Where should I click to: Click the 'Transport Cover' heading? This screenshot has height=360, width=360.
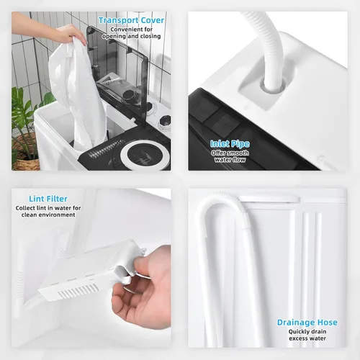click(x=132, y=20)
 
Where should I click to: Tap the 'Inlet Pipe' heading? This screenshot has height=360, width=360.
click(x=230, y=144)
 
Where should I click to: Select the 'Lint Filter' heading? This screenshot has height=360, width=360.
click(x=48, y=199)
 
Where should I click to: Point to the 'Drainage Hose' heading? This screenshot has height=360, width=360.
click(x=307, y=323)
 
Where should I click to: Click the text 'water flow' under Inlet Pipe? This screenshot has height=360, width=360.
click(x=230, y=160)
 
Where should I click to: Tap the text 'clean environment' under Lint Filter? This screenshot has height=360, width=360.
click(x=48, y=215)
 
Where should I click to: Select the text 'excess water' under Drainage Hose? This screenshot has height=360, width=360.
click(x=307, y=338)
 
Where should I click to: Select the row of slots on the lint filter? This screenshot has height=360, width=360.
click(x=78, y=290)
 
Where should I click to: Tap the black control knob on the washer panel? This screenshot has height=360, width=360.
click(x=166, y=120)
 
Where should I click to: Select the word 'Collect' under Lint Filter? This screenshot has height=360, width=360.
click(x=24, y=208)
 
